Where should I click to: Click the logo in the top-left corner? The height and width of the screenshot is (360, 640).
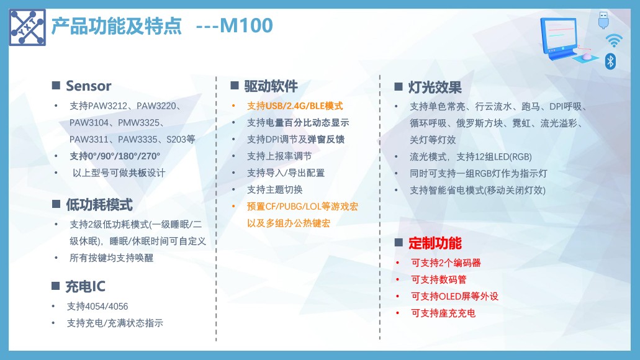pyautogui.click(x=27, y=27)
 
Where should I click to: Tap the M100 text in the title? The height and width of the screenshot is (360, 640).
pyautogui.click(x=246, y=25)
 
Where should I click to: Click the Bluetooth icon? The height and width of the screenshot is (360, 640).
pyautogui.click(x=610, y=61)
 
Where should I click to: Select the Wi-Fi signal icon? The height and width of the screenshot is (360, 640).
pyautogui.click(x=614, y=40)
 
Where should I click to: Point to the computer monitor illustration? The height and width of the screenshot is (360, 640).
pyautogui.click(x=559, y=39)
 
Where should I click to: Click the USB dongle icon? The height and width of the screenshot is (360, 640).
pyautogui.click(x=603, y=20)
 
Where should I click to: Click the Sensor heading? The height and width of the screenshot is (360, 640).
pyautogui.click(x=89, y=86)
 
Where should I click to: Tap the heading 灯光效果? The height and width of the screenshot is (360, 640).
pyautogui.click(x=435, y=87)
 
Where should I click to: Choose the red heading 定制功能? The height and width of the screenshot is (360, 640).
pyautogui.click(x=435, y=243)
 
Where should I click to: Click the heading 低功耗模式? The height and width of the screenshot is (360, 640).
pyautogui.click(x=99, y=204)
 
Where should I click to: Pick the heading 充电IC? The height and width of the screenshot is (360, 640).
pyautogui.click(x=85, y=287)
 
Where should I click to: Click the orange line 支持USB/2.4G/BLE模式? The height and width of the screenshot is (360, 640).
pyautogui.click(x=295, y=106)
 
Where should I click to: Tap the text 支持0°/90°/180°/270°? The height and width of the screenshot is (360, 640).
pyautogui.click(x=115, y=156)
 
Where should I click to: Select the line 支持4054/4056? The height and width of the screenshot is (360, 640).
pyautogui.click(x=97, y=307)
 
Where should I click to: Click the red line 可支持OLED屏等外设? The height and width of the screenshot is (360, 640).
pyautogui.click(x=454, y=296)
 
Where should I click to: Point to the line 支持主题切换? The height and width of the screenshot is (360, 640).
pyautogui.click(x=275, y=190)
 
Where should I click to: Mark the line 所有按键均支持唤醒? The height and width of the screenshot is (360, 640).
pyautogui.click(x=112, y=258)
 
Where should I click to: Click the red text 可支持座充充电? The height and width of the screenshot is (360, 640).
pyautogui.click(x=443, y=313)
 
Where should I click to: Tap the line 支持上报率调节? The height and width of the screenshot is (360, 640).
pyautogui.click(x=279, y=156)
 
